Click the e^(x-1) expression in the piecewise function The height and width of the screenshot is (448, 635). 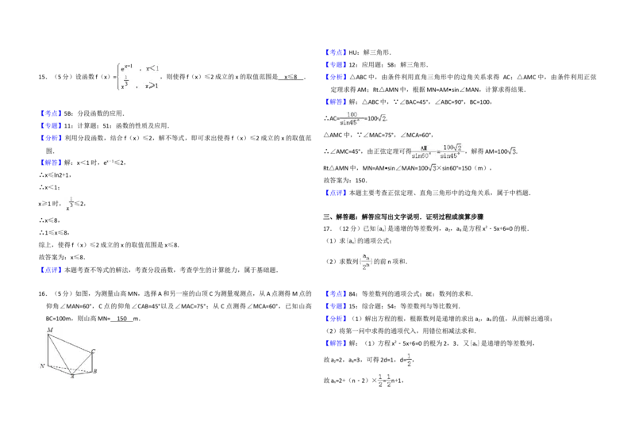point(126,68)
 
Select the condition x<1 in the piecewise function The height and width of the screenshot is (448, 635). point(152,68)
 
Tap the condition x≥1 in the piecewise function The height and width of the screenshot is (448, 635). point(152,85)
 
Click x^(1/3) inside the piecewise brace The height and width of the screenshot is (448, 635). point(125,83)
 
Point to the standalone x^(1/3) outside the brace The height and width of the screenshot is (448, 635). point(70,204)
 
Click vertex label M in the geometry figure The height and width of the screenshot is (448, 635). point(50,329)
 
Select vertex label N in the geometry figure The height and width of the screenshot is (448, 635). point(43,366)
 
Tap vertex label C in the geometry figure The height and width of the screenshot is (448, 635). point(93,350)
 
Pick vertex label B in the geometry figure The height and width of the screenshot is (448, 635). point(95,371)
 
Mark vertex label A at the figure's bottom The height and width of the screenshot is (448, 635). point(72,377)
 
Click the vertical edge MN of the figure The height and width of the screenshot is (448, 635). point(48,349)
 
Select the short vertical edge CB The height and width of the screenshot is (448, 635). point(92,362)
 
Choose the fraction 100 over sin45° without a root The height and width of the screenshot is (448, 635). point(352,118)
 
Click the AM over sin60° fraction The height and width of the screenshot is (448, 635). point(419,151)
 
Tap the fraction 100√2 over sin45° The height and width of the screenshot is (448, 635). point(452,151)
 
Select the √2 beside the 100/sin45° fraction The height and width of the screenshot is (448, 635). point(382,120)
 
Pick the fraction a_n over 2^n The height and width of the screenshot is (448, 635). point(366,260)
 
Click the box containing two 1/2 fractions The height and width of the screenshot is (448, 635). point(384,380)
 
